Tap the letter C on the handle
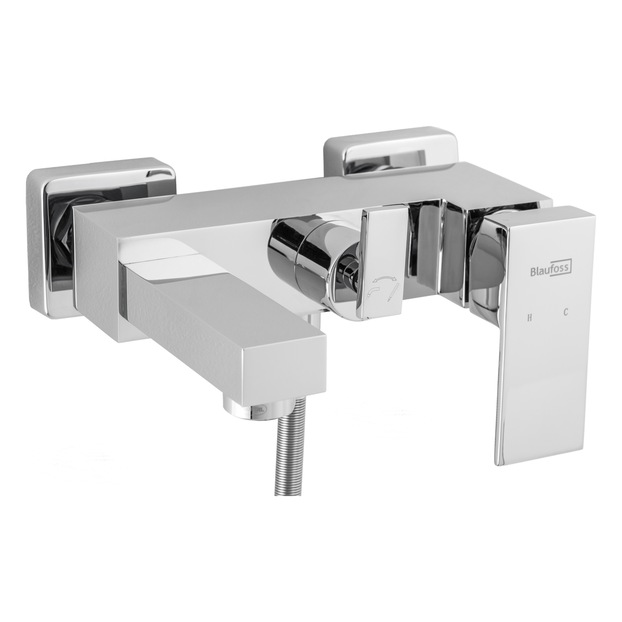[566, 313]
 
